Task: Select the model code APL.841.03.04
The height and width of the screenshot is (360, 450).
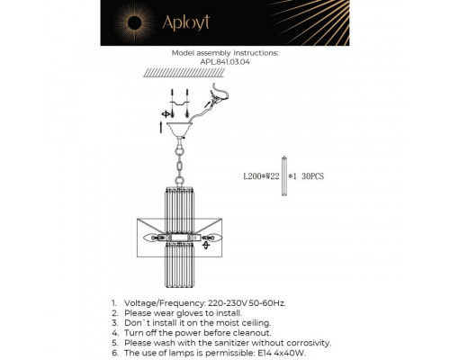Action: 224,63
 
